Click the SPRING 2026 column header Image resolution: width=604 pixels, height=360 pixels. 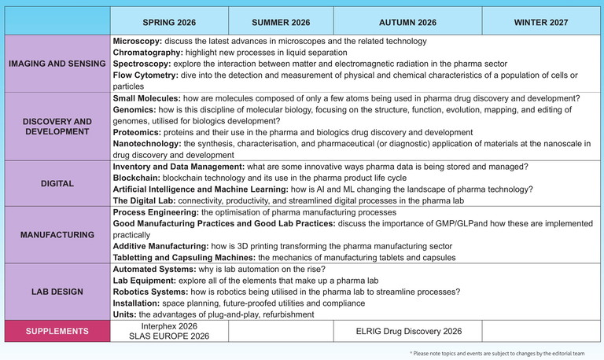[169, 21]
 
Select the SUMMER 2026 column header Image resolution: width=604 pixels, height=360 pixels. [281, 21]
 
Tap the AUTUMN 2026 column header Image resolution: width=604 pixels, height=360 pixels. [407, 21]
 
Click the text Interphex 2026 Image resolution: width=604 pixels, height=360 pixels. [169, 325]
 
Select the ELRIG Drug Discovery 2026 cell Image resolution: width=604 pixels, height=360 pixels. [407, 331]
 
